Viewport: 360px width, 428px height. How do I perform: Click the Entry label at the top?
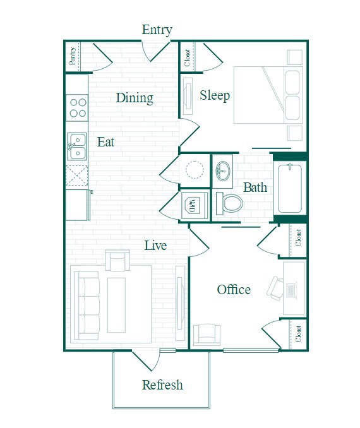(x=157, y=30)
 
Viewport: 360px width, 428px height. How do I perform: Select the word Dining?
(x=135, y=98)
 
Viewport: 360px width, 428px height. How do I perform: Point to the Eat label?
(x=105, y=142)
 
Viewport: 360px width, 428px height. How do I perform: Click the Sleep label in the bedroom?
(x=215, y=95)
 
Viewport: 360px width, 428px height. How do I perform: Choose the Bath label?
(x=255, y=187)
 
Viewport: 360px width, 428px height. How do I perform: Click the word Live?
(x=155, y=245)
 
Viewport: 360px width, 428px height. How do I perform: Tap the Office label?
(x=234, y=290)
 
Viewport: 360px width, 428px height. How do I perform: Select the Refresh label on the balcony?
(x=162, y=384)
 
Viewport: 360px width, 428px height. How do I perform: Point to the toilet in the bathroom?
(x=231, y=203)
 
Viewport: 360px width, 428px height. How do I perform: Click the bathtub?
(x=291, y=187)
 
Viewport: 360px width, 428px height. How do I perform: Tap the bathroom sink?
(x=223, y=170)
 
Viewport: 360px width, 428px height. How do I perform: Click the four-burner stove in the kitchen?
(x=77, y=107)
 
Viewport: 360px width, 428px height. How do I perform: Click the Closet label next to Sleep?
(x=188, y=57)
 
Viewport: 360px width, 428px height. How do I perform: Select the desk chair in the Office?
(x=276, y=287)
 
